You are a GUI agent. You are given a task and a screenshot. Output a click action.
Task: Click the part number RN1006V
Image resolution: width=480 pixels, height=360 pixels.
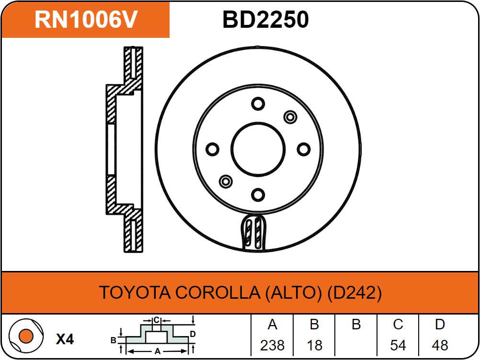coord(86,20)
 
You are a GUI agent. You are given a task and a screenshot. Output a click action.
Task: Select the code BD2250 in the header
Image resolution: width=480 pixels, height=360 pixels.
coord(265,20)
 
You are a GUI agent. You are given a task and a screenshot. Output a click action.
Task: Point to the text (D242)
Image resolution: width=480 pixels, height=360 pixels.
coord(354,292)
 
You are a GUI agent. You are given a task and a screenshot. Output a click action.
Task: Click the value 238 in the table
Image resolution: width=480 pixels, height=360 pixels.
coord(272,345)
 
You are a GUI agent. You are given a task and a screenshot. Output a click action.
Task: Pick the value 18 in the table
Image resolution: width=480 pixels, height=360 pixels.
coord(314,345)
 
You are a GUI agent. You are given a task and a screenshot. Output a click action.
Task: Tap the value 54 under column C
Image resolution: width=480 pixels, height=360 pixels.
coord(398,345)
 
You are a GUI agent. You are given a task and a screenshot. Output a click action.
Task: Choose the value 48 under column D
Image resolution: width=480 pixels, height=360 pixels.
coord(440,345)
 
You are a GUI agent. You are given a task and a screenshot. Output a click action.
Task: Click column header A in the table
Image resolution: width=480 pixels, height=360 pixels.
coord(272,325)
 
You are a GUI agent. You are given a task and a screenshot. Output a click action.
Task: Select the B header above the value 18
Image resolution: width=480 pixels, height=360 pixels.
coord(314,325)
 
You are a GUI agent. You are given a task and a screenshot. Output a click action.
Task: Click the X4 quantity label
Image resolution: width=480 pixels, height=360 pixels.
coord(65,339)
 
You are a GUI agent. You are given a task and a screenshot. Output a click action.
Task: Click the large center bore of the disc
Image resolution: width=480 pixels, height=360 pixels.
coord(258,149)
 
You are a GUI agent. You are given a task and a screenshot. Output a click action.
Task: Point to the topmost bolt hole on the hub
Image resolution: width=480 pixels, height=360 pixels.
coord(258,104)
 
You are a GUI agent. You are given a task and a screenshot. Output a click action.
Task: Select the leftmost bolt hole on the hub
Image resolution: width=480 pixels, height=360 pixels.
coord(212,149)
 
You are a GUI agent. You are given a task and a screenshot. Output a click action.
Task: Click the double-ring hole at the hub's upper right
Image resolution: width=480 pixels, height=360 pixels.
coord(290,117)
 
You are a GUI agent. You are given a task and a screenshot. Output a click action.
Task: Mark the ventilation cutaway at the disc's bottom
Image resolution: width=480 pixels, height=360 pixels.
coord(253,232)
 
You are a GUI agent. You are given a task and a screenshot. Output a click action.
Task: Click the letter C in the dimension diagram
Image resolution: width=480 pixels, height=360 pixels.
coord(156,319)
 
